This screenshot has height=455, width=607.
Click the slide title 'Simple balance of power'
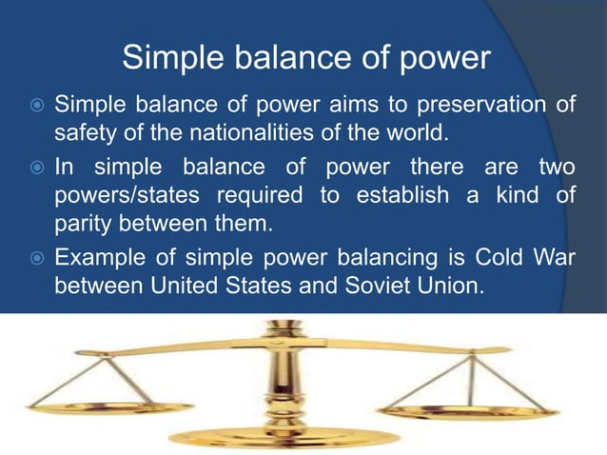(306, 59)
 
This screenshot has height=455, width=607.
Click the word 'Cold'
(499, 258)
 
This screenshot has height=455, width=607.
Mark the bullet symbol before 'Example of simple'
(35, 259)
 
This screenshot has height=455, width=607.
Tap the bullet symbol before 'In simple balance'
(35, 168)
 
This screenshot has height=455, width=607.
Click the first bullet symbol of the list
(35, 104)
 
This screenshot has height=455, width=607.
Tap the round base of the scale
(283, 439)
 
